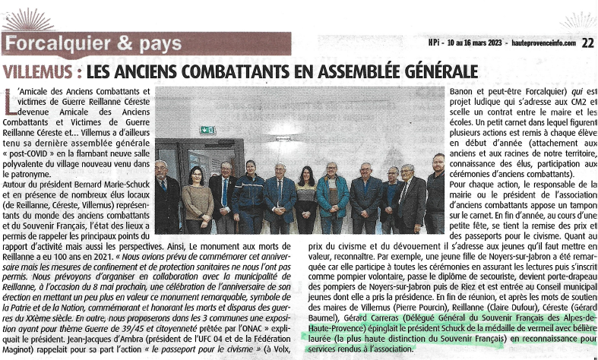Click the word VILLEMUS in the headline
[x=38, y=73]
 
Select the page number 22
[x=587, y=43]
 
